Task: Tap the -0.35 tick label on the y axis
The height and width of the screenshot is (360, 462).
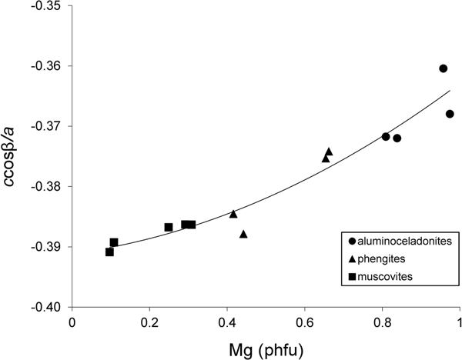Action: coord(48,6)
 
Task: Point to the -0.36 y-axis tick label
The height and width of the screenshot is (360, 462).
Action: coord(48,66)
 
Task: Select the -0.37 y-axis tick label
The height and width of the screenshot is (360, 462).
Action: coord(48,126)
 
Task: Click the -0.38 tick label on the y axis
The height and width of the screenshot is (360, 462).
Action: coord(48,187)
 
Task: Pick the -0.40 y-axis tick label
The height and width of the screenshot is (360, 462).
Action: coord(48,307)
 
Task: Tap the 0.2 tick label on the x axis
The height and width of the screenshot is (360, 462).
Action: coord(149,322)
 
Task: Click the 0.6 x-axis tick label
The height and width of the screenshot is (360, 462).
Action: coord(305,322)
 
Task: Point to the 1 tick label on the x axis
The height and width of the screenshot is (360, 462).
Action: coord(460,322)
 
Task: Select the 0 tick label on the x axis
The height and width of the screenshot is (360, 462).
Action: coord(72,322)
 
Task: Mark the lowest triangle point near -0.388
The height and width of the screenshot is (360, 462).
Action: coord(243,234)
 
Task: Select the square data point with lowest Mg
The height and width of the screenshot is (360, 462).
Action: coord(109,252)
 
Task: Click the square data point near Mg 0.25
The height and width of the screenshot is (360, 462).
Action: coord(169,227)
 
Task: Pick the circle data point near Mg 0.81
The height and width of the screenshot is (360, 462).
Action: coord(386,136)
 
